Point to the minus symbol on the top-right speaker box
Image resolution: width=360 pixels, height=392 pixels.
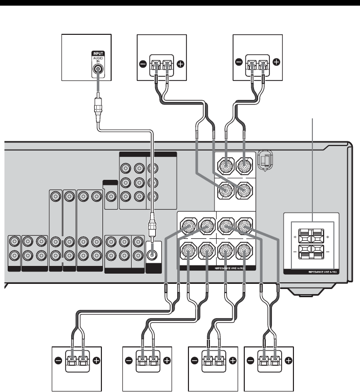[x=239, y=62]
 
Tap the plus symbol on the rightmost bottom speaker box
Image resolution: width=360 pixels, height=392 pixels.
[x=288, y=359]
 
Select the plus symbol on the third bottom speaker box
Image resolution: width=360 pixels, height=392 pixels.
[x=233, y=359]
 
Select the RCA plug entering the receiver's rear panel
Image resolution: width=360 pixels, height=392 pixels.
[x=152, y=225]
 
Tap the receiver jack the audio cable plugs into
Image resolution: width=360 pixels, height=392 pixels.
[x=152, y=252]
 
